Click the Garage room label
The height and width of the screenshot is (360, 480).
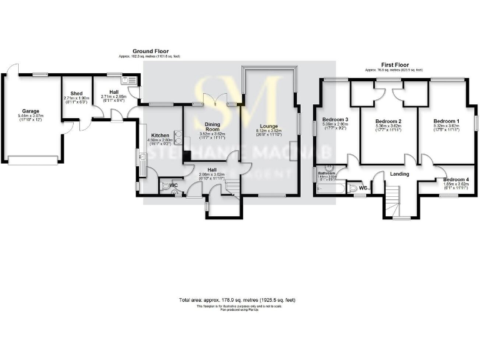click(x=31, y=111)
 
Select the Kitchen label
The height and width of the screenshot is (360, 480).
click(x=157, y=134)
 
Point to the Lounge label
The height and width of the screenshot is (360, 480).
click(x=270, y=126)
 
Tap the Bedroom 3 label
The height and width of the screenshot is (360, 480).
click(x=335, y=119)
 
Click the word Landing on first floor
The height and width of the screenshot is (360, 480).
click(x=399, y=174)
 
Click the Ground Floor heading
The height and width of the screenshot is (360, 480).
click(x=146, y=51)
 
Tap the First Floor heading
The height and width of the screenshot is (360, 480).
click(x=394, y=64)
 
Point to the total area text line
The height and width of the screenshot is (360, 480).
click(x=237, y=300)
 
